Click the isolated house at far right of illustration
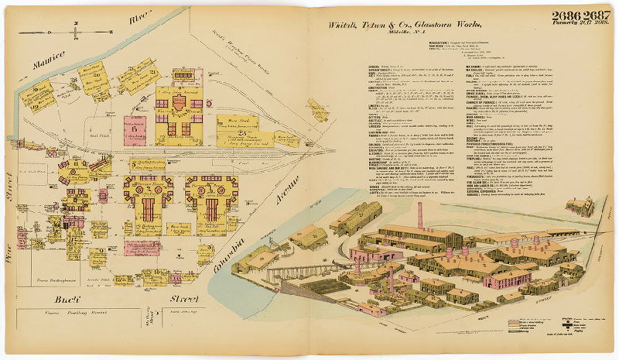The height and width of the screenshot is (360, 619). pos(579,205)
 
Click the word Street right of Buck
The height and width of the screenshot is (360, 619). pos(183,297)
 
